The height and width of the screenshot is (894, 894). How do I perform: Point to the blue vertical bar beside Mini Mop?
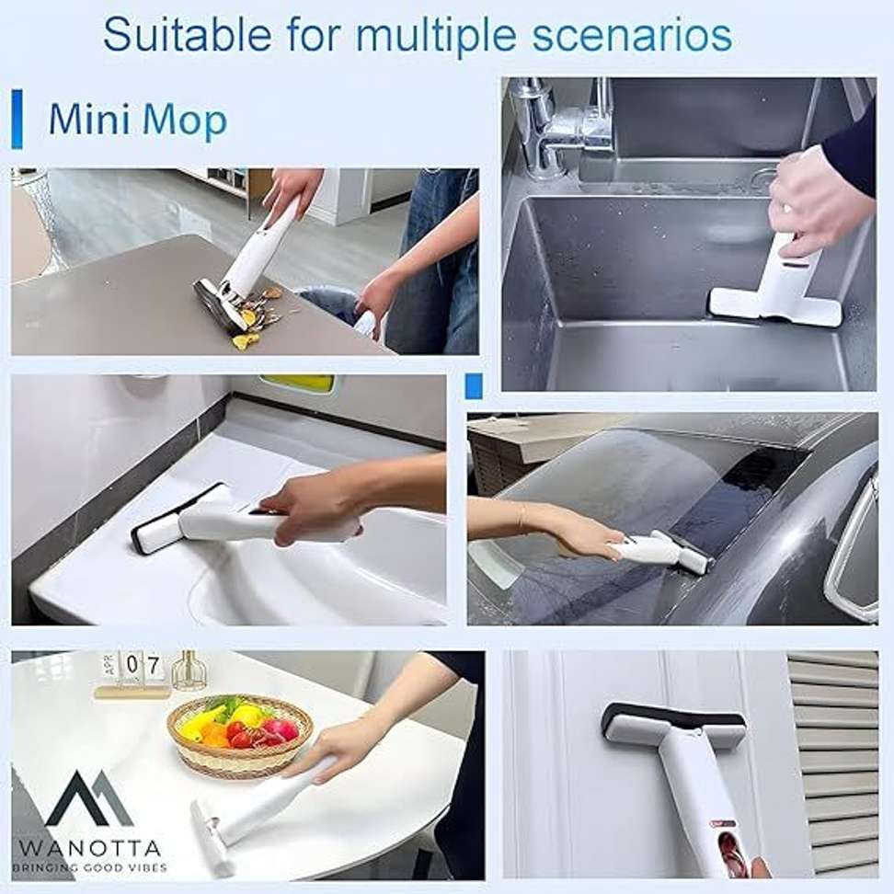click(x=17, y=119)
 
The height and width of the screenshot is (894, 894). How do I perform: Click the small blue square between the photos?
click(x=474, y=385)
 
